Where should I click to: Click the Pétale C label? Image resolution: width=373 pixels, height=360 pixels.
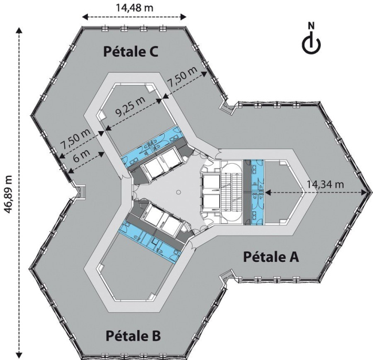(131, 52)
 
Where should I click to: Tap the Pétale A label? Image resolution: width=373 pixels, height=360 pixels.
(271, 257)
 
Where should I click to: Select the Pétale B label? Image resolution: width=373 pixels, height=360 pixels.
(133, 336)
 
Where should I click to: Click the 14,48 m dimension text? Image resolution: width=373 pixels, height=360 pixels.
(134, 7)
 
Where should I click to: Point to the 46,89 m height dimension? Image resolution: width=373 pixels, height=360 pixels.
(9, 195)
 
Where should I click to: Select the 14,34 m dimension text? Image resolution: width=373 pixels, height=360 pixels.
(325, 184)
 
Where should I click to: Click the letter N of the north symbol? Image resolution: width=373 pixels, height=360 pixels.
(311, 25)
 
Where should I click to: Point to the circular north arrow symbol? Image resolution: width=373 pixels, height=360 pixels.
(312, 44)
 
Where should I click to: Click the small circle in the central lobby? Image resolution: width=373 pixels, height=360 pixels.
(179, 192)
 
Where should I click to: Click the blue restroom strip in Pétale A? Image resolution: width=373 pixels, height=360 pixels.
(257, 192)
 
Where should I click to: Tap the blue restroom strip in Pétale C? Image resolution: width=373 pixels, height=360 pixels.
(152, 146)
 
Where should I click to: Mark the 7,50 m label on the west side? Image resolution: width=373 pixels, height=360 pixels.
(75, 139)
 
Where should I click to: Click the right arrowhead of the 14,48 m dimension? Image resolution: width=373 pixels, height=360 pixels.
(184, 17)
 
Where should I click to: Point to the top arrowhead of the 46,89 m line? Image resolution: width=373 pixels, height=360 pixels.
(20, 30)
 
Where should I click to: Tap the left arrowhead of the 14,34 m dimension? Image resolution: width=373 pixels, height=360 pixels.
(268, 192)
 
